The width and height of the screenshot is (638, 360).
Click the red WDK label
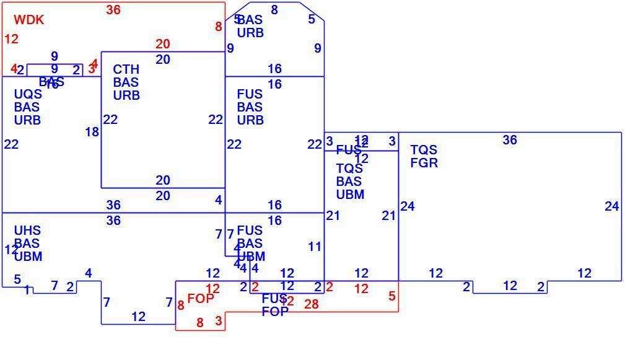point(28,20)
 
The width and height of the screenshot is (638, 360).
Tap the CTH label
point(126,69)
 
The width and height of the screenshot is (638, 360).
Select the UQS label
point(28,94)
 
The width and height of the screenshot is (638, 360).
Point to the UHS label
point(27,230)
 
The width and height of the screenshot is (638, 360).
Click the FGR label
point(424,163)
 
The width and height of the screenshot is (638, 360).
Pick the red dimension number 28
point(311,304)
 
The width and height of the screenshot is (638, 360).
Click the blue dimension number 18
point(92,132)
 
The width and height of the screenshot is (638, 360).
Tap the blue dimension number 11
point(315,247)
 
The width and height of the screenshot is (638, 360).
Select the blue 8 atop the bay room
point(274,10)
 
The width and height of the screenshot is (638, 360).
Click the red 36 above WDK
point(113,10)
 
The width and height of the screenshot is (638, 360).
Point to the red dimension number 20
point(162,44)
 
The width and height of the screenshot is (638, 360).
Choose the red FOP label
point(200,298)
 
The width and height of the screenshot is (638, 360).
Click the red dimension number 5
point(392,296)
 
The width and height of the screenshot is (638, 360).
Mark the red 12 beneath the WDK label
point(11,39)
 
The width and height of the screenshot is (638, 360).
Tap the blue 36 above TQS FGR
point(509,140)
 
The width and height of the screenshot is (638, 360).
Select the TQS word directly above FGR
point(424,150)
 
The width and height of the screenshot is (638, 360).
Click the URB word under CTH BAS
point(126,95)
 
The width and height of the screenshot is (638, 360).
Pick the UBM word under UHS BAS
point(28,256)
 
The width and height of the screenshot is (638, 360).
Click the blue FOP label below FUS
point(274,312)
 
